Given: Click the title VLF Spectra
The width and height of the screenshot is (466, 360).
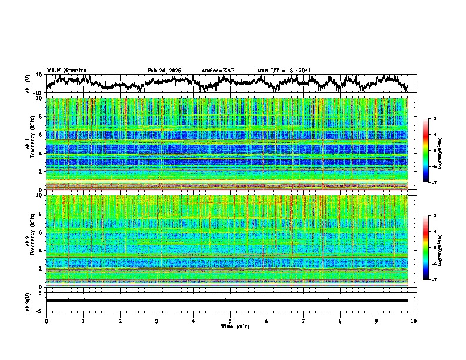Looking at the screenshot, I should coord(66,70).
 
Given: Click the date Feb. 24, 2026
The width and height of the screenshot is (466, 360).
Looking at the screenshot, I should coord(164,71).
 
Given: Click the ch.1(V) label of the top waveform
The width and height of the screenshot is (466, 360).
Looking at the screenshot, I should coord(28,84).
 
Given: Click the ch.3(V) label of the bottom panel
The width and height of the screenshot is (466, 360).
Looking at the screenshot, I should coord(28,301).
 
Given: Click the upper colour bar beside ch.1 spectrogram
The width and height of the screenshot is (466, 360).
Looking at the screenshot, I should coord(426,151).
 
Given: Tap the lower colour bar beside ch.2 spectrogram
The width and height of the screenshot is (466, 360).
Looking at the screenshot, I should coord(426,248).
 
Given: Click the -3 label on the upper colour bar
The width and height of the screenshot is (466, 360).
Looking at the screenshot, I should coord(434,119).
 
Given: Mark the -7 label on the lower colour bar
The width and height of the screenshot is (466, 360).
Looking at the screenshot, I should coord(434,280).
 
